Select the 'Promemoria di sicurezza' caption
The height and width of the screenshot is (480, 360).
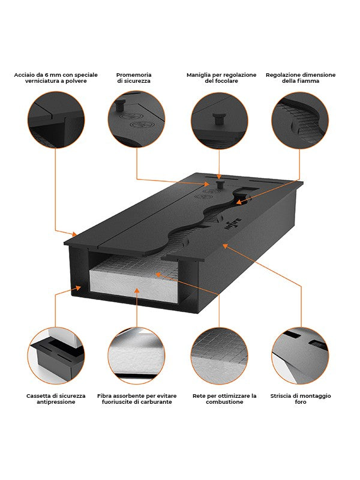click(x=134, y=78)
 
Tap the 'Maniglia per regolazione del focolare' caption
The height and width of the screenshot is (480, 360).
click(x=221, y=78)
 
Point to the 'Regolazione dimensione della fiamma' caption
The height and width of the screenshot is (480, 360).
click(x=301, y=78)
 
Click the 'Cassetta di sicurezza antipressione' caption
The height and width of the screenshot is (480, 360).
click(x=56, y=398)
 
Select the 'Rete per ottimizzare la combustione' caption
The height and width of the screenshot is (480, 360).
click(x=220, y=398)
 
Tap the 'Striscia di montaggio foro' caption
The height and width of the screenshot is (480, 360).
click(x=301, y=398)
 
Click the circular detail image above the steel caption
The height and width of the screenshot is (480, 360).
click(x=56, y=120)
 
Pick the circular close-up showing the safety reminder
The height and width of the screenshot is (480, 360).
click(x=136, y=120)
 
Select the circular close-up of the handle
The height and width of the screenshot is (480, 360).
click(x=219, y=120)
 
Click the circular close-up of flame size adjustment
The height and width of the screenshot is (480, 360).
click(x=300, y=120)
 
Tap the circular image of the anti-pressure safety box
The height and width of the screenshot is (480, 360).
click(x=56, y=355)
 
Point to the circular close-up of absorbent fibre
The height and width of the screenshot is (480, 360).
click(x=136, y=355)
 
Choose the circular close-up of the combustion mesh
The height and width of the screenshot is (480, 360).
click(x=219, y=355)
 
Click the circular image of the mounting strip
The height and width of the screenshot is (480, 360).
click(x=300, y=355)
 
